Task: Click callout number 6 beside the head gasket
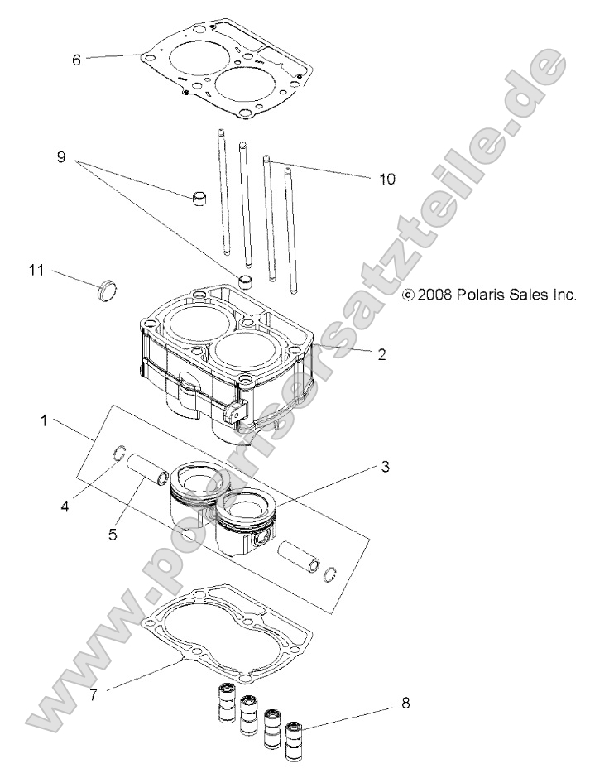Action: pyautogui.click(x=77, y=60)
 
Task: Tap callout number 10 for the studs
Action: pyautogui.click(x=386, y=178)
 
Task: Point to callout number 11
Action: pyautogui.click(x=36, y=270)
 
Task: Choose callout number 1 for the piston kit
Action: pyautogui.click(x=44, y=421)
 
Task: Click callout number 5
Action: pyautogui.click(x=112, y=534)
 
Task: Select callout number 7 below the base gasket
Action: pyautogui.click(x=94, y=694)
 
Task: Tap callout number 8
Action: pyautogui.click(x=404, y=704)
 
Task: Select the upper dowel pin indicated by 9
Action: pyautogui.click(x=199, y=199)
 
